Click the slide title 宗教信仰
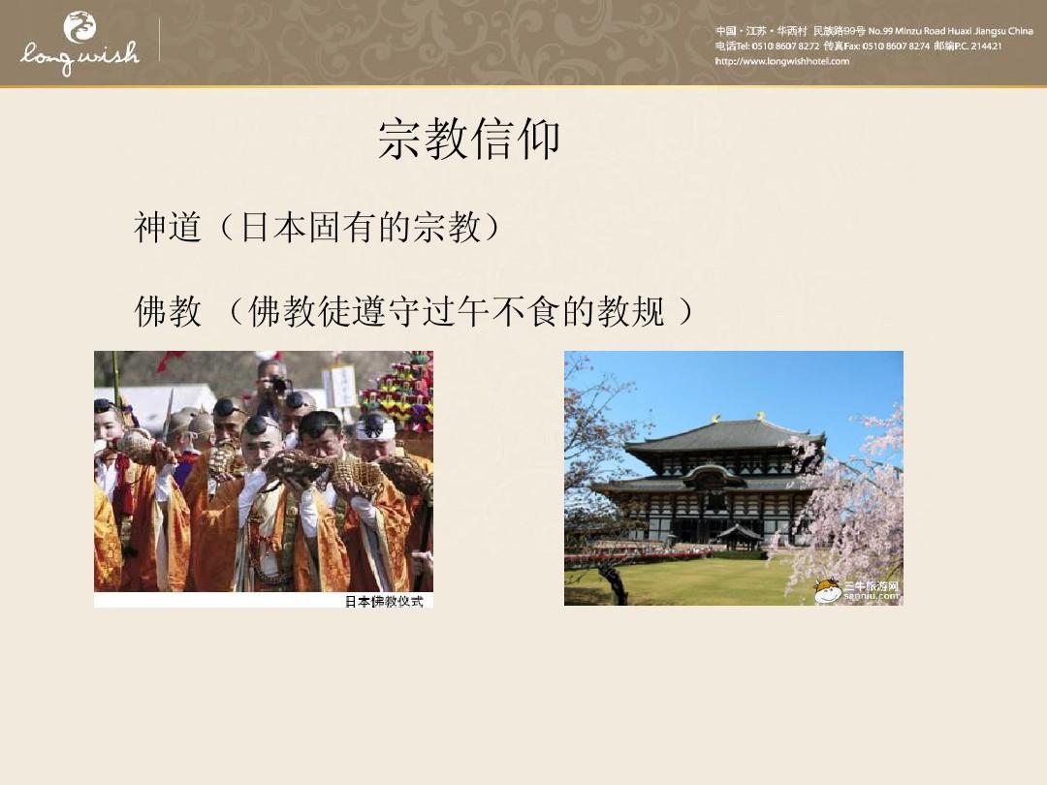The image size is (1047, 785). [469, 141]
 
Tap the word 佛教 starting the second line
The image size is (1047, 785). [168, 311]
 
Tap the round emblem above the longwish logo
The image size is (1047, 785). [79, 26]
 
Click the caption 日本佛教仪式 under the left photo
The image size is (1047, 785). [384, 602]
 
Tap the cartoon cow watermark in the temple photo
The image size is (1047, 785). [827, 590]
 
